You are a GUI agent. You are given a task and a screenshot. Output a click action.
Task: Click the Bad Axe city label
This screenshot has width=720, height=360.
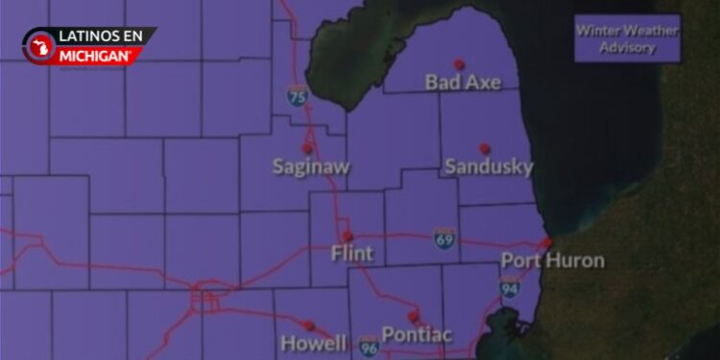tap(463, 83)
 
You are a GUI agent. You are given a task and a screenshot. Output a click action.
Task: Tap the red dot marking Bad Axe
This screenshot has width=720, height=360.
tap(459, 64)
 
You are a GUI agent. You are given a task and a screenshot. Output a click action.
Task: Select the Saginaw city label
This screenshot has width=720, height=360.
tap(311, 167)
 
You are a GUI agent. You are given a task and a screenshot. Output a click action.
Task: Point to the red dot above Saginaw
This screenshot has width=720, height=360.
tap(307, 149)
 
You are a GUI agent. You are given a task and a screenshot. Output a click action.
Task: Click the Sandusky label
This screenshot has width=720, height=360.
tap(489, 167)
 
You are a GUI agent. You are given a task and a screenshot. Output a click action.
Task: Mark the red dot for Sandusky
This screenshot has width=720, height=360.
tap(485, 148)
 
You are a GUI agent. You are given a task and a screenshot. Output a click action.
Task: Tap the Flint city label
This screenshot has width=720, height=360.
tap(351, 254)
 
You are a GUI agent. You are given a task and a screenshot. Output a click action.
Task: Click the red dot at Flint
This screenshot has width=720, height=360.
tap(348, 235)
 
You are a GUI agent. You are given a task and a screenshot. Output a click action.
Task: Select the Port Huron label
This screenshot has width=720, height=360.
tap(553, 260)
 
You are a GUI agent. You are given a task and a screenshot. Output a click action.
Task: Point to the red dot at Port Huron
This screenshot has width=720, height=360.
tap(546, 243)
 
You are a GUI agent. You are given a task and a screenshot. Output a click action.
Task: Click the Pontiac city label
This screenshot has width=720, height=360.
tap(417, 334)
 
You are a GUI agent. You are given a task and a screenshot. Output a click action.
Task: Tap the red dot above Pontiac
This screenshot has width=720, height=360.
tap(414, 316)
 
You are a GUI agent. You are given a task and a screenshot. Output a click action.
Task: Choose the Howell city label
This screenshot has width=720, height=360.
tap(313, 343)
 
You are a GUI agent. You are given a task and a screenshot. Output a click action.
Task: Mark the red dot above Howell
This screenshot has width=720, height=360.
tap(309, 325)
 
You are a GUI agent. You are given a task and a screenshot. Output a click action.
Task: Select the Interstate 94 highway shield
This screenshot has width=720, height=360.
tap(510, 286)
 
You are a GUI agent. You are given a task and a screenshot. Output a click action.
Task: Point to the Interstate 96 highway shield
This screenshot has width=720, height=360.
tap(369, 347)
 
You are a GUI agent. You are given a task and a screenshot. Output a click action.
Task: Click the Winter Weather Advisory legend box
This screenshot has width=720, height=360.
tap(627, 39)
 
